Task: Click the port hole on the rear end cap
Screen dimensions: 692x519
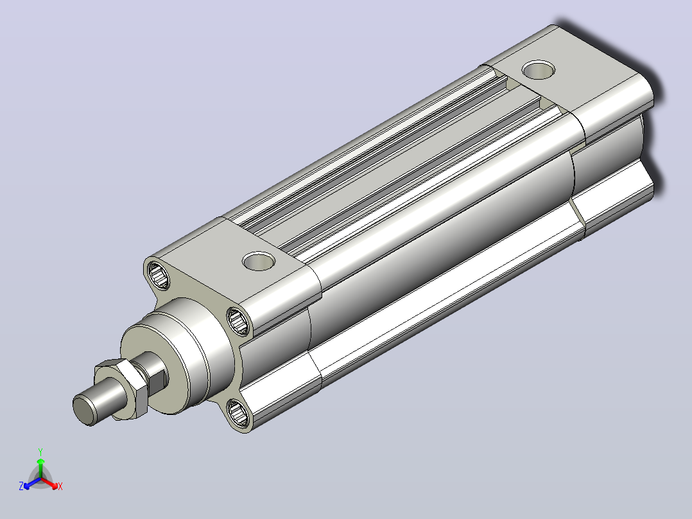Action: (x=539, y=70)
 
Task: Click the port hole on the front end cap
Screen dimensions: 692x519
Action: (x=259, y=261)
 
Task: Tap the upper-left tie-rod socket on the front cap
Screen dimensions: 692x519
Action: (x=159, y=275)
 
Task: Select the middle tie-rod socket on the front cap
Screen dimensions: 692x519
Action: (x=238, y=321)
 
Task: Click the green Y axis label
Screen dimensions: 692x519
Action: (x=40, y=452)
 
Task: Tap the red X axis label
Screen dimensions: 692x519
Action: (x=60, y=486)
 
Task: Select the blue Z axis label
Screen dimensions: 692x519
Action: (x=21, y=486)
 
